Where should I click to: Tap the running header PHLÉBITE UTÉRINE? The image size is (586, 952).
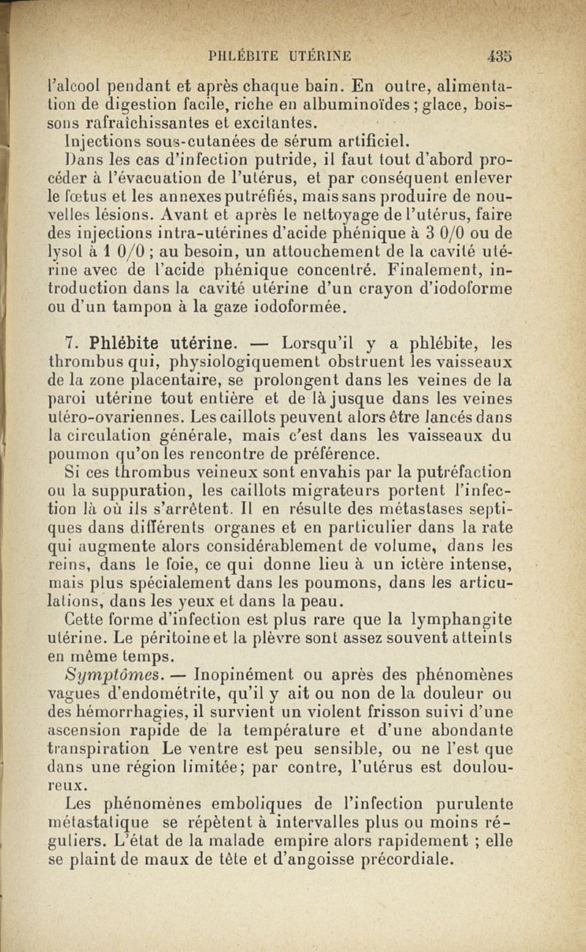pyautogui.click(x=279, y=56)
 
